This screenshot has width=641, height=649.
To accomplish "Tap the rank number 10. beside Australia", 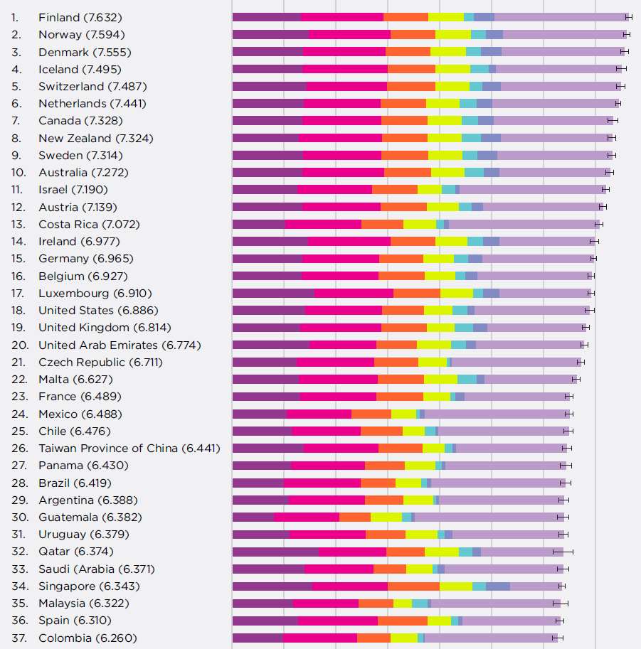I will pyautogui.click(x=19, y=173).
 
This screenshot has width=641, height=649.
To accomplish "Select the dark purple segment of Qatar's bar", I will pyautogui.click(x=275, y=552).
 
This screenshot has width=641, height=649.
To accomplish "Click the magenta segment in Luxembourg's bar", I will pyautogui.click(x=354, y=293).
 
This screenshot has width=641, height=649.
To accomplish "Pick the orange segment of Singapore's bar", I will pyautogui.click(x=413, y=586).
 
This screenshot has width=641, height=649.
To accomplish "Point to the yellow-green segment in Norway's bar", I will pyautogui.click(x=453, y=34).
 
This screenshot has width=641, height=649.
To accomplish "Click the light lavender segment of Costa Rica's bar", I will pyautogui.click(x=523, y=224).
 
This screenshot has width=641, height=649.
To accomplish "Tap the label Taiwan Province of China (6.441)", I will pyautogui.click(x=129, y=449).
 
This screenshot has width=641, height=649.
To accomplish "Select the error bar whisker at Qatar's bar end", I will pyautogui.click(x=563, y=552).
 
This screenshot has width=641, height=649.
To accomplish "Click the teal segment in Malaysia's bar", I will pyautogui.click(x=420, y=604).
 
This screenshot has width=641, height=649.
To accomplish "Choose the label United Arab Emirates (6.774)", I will pyautogui.click(x=120, y=345).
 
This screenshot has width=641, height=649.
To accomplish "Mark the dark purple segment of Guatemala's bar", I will pyautogui.click(x=253, y=517).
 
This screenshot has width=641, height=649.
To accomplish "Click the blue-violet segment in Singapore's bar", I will pyautogui.click(x=498, y=586).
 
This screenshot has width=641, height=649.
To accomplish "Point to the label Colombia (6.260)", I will pyautogui.click(x=88, y=638).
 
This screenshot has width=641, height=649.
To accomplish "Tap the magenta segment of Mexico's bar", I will pyautogui.click(x=319, y=414).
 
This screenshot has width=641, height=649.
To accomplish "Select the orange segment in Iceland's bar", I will pyautogui.click(x=411, y=69).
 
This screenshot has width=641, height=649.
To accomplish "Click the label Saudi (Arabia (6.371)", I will pyautogui.click(x=97, y=569).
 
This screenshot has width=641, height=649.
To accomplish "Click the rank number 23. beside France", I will pyautogui.click(x=19, y=397).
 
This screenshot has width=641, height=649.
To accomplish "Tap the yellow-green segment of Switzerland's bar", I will pyautogui.click(x=452, y=86).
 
